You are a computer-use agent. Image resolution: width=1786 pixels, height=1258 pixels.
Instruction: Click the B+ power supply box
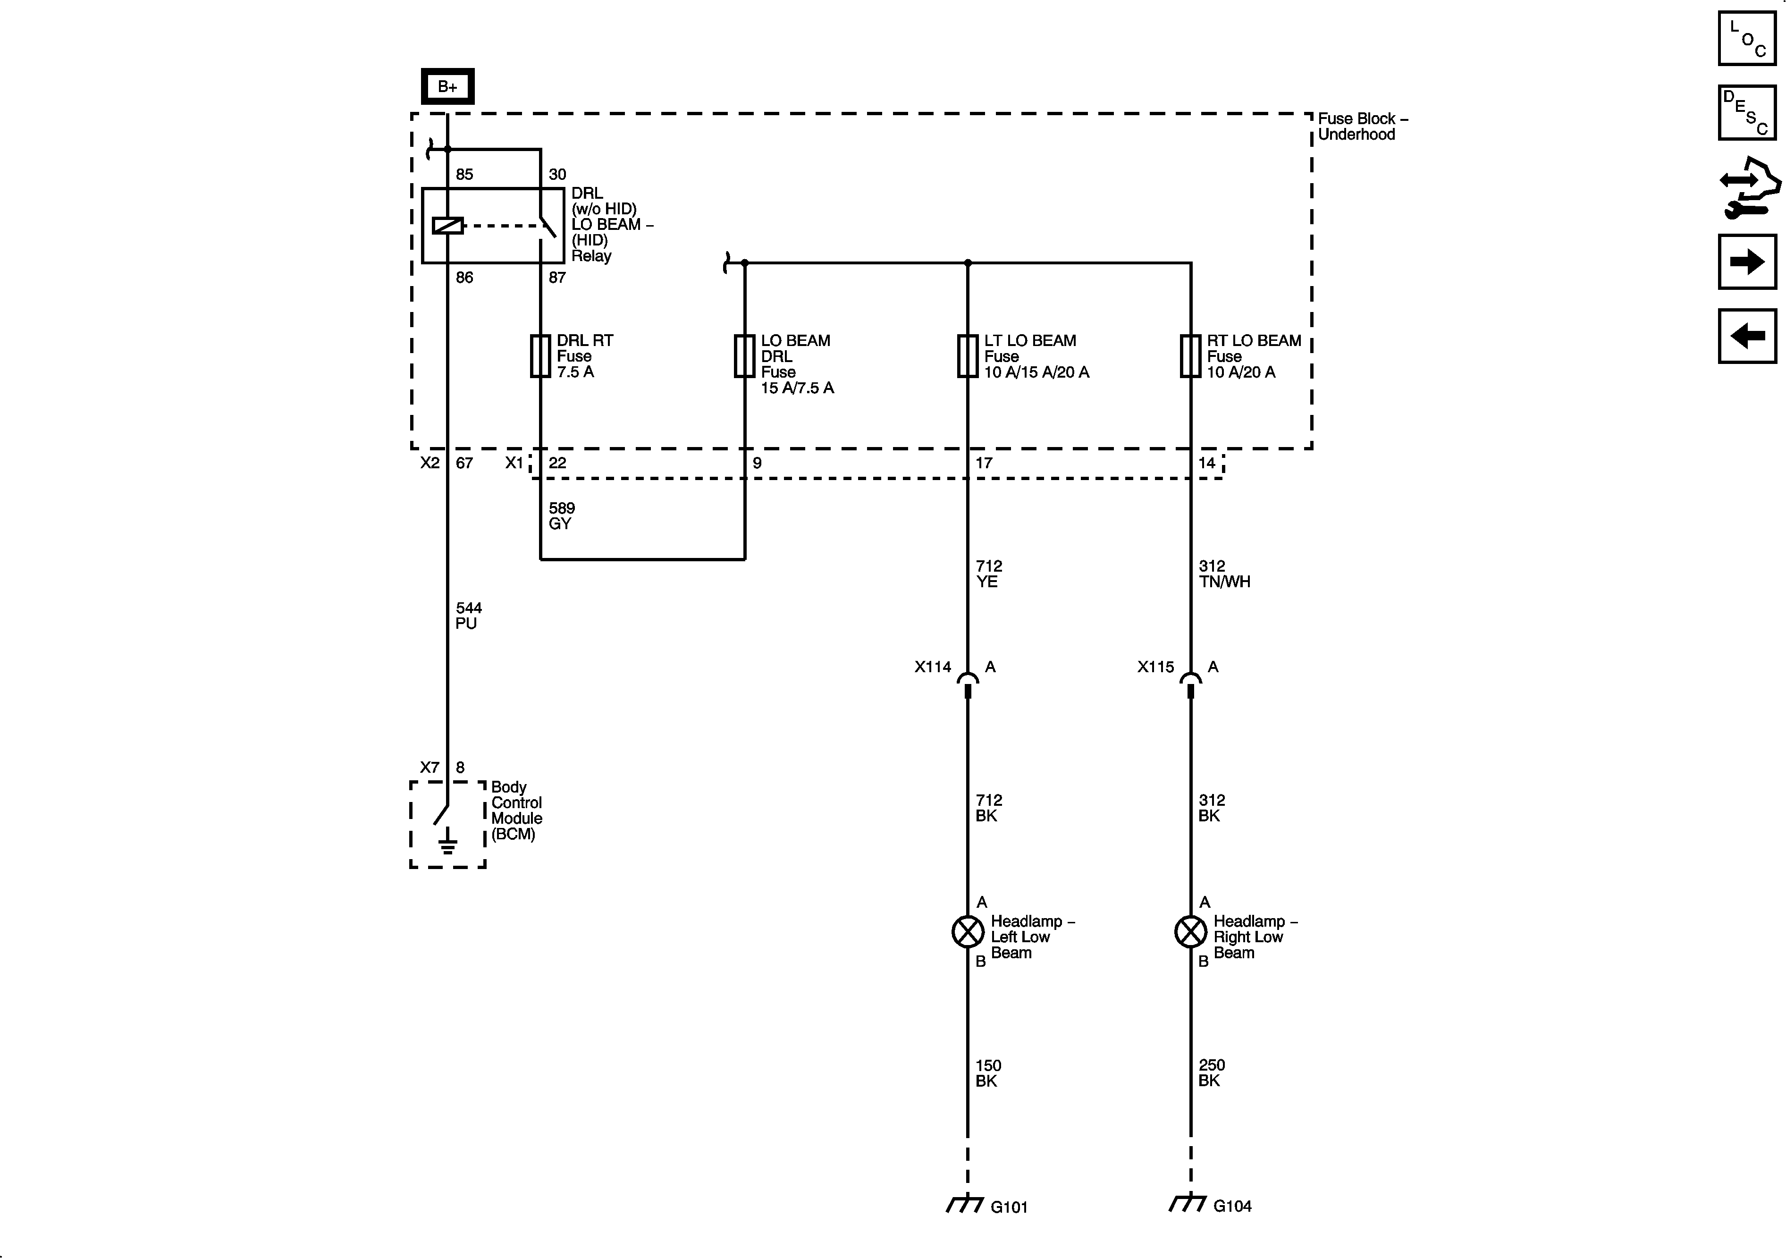pos(447,86)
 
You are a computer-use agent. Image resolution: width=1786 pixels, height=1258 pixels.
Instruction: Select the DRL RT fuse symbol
pos(540,356)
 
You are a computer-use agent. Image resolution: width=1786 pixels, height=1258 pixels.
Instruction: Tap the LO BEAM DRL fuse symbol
pos(744,356)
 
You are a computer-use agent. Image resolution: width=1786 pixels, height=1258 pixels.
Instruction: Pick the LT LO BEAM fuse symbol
pos(967,356)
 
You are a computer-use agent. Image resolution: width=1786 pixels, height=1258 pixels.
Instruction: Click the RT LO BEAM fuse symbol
pos(1190,356)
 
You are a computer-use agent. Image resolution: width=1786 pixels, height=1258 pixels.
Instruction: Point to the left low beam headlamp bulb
pos(968,931)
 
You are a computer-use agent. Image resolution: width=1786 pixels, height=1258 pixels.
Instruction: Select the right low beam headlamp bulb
pos(1190,931)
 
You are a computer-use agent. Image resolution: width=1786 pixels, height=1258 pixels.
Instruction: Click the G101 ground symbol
pos(965,1204)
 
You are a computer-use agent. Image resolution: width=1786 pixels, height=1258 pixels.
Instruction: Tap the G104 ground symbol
pos(1188,1204)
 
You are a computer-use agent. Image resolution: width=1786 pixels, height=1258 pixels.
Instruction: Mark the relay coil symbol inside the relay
pos(447,226)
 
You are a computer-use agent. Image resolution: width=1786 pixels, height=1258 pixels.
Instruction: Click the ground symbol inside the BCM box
pos(447,842)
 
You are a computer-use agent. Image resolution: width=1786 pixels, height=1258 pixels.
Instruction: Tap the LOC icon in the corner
pos(1747,38)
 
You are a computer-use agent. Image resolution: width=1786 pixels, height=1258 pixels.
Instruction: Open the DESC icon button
pos(1747,113)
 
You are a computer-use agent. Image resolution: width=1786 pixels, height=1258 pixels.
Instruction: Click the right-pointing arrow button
pos(1747,262)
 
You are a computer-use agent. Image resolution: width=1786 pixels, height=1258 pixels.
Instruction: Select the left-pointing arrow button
pos(1747,336)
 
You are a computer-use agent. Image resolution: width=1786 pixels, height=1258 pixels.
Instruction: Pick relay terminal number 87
pos(557,278)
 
